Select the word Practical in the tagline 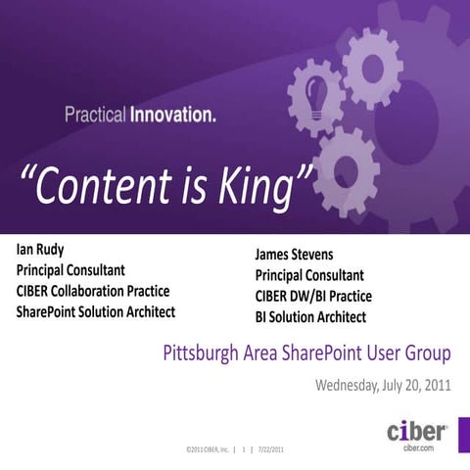(96, 116)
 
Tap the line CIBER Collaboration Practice (93, 291)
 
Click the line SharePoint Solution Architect (95, 312)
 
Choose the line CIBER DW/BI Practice (313, 297)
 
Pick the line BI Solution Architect (310, 317)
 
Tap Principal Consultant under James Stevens (309, 276)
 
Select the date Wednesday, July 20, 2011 (382, 385)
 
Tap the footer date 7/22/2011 (270, 449)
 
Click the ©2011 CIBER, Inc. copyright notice (207, 449)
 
